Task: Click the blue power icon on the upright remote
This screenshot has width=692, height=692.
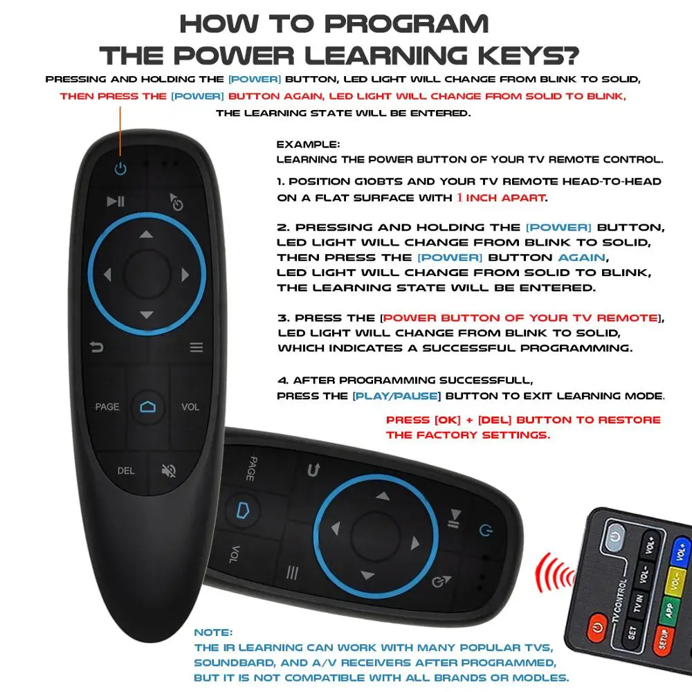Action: [x=121, y=168]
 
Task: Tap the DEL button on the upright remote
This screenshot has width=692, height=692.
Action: [x=125, y=471]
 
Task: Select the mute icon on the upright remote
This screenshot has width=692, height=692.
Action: [x=168, y=471]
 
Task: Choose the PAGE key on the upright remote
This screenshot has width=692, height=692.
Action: [x=107, y=407]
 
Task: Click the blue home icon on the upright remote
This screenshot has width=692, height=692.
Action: [x=147, y=407]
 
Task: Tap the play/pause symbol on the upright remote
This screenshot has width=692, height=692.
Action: [x=116, y=201]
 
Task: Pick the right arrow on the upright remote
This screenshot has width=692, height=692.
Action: [x=185, y=275]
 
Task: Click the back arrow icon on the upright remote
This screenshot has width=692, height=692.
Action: [x=95, y=347]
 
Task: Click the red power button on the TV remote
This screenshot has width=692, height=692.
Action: [x=597, y=629]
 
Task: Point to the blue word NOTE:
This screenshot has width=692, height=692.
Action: [x=214, y=632]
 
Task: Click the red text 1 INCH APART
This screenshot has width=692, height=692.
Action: [x=500, y=197]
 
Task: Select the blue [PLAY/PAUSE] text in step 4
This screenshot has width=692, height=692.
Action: [x=397, y=397]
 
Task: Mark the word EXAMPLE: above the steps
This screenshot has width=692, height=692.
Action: [x=308, y=145]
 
